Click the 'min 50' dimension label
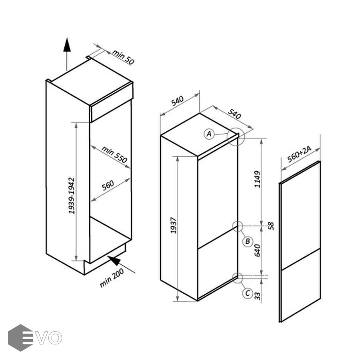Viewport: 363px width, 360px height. [123, 57]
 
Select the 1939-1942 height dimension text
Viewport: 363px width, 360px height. [72, 196]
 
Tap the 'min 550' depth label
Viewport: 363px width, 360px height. [114, 154]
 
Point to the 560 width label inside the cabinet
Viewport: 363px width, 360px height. [108, 185]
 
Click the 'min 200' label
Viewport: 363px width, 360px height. [112, 278]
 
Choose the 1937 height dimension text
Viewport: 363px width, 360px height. [174, 225]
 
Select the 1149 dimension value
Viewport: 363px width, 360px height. [257, 179]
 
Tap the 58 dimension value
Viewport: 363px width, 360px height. [271, 226]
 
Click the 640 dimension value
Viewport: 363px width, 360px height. [257, 250]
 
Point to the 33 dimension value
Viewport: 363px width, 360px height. [257, 296]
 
